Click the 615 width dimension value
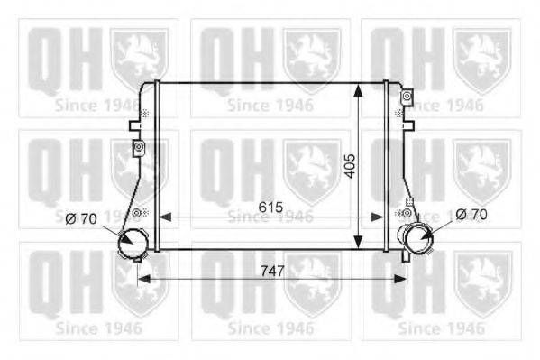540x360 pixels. (x=270, y=208)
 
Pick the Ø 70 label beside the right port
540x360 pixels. (x=471, y=215)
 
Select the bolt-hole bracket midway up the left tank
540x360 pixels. (x=138, y=147)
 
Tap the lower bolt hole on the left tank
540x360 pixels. (x=137, y=213)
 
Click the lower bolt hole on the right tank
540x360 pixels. (x=407, y=213)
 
